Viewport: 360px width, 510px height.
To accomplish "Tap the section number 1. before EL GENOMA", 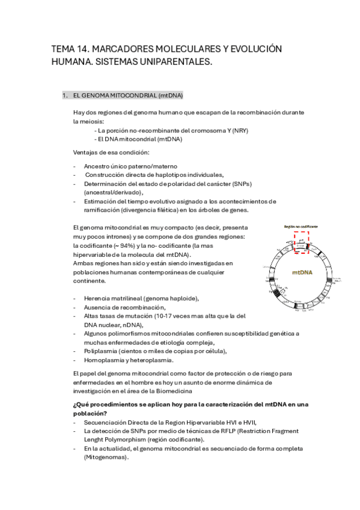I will click(66, 96).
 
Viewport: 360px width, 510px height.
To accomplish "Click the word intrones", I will click(118, 237).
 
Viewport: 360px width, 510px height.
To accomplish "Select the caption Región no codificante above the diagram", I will click(302, 227).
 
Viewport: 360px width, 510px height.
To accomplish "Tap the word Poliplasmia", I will click(100, 351).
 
